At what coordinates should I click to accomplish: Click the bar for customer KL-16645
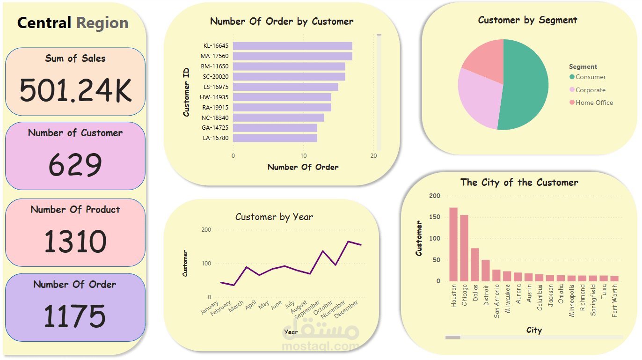pos(292,46)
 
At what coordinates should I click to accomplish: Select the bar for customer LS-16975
pos(285,87)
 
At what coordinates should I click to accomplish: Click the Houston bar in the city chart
pos(453,244)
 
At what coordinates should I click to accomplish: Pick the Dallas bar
pos(475,264)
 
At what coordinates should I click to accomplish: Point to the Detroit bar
pos(486,270)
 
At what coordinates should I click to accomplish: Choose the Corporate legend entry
pos(590,90)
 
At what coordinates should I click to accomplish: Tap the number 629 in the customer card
pos(75,165)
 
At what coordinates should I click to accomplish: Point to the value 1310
pos(75,241)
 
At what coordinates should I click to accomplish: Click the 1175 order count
pos(75,316)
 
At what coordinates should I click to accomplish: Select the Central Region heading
pos(73,23)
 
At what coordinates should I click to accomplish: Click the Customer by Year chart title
pos(274,217)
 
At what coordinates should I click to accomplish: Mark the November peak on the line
pos(348,242)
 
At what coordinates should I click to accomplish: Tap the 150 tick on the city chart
pos(435,217)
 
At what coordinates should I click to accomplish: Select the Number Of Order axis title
pos(303,167)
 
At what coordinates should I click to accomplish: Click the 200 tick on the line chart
pos(206,230)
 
